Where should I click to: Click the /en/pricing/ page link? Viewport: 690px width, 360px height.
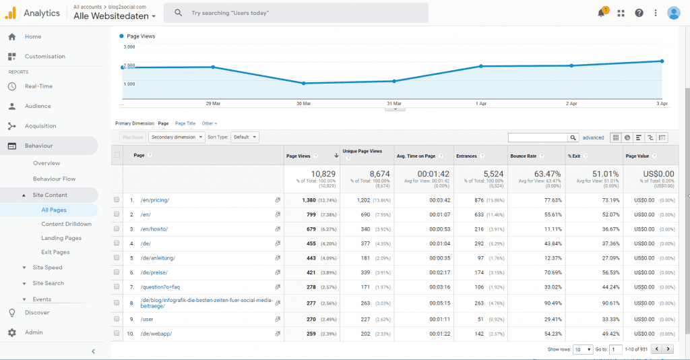(154, 200)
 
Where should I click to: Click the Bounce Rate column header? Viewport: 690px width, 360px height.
(524, 156)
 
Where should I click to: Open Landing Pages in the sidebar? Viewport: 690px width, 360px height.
(61, 238)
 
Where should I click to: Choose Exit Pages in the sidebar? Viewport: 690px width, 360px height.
(55, 252)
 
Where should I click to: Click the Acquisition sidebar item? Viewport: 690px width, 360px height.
(40, 126)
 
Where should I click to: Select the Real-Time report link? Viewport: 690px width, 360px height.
(38, 86)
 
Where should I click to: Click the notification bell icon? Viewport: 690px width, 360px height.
(601, 13)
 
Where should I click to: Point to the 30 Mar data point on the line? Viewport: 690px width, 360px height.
(304, 83)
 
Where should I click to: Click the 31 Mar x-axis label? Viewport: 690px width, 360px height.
(394, 104)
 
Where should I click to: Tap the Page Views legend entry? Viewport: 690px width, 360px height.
(140, 36)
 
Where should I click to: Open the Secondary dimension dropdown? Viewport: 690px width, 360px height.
(177, 137)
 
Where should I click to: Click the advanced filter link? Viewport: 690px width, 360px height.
(593, 138)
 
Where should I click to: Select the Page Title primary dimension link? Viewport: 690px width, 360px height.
(185, 123)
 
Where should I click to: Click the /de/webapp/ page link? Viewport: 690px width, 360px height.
(156, 334)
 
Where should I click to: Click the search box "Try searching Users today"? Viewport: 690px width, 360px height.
(296, 13)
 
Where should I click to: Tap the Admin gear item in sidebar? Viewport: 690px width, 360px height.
(34, 332)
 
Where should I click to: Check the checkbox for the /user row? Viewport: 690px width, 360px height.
(117, 318)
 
